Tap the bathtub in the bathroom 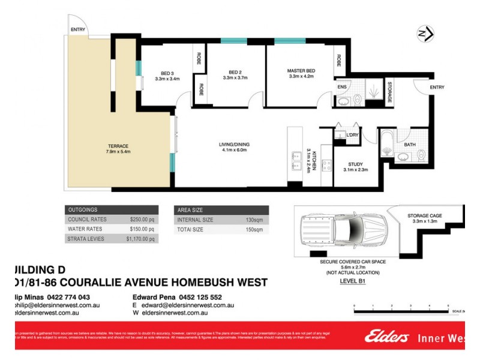click(388, 143)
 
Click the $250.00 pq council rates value click(143, 220)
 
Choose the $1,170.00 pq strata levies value click(141, 239)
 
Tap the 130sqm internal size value click(254, 220)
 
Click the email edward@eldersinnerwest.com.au click(187, 305)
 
